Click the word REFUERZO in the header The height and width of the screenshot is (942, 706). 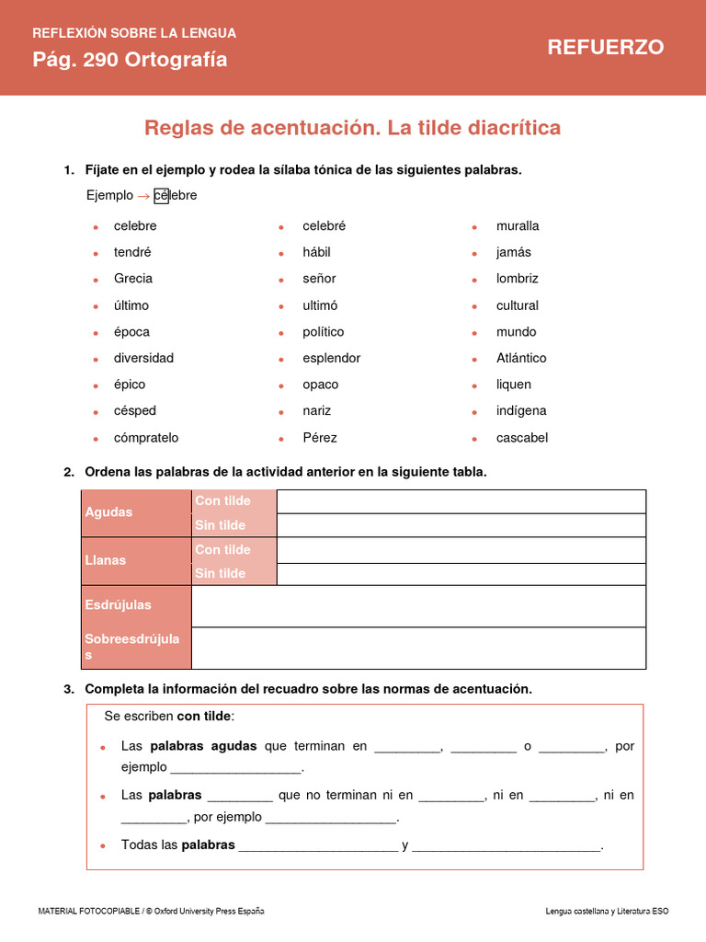605,48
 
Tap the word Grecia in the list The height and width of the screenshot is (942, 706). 133,279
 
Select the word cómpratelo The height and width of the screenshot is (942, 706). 146,438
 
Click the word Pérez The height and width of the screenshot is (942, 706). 320,438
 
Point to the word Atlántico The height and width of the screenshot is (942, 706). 521,358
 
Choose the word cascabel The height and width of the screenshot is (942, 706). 522,438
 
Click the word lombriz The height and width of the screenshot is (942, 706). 518,279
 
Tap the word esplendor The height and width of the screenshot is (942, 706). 332,358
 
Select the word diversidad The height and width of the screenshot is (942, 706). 143,358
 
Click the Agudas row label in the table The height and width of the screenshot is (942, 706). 109,512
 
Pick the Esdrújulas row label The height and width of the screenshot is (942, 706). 119,605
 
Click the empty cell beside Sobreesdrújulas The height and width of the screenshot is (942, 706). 418,648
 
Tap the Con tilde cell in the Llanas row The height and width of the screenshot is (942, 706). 223,549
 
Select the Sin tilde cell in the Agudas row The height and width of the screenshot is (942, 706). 221,525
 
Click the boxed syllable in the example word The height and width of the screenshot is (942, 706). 162,196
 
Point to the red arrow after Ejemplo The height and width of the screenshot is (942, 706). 142,196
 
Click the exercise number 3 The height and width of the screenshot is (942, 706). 69,689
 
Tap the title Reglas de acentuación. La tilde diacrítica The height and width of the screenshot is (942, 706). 352,128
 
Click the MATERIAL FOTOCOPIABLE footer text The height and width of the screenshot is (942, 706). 151,911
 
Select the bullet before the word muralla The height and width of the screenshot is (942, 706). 474,226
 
